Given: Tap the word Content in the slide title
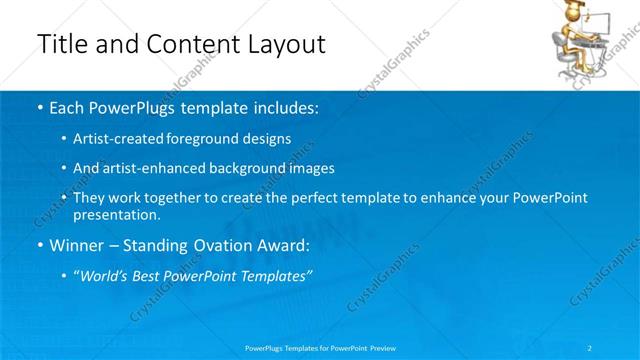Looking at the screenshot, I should pos(185,44).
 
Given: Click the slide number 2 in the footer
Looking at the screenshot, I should pos(590,348).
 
